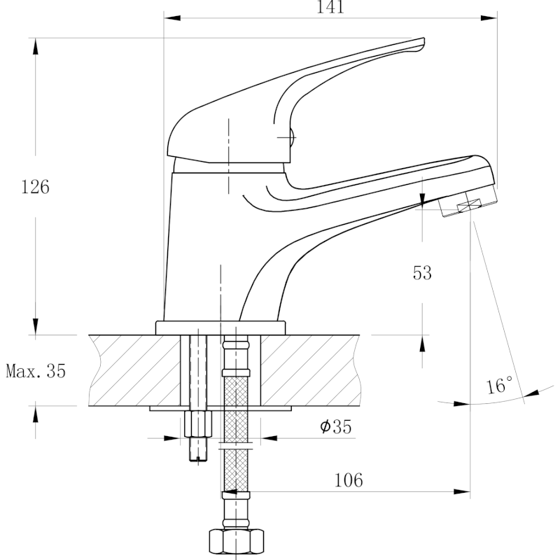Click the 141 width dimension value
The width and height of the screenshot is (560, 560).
point(330,8)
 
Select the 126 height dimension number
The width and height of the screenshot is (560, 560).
point(35,188)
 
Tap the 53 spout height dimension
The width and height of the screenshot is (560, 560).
point(422,272)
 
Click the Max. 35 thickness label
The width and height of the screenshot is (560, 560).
point(36,371)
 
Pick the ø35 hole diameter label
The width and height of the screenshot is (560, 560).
point(335,427)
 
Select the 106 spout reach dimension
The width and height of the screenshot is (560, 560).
point(349,480)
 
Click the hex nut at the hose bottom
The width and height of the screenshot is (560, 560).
point(236,542)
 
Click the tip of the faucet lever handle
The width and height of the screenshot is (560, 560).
point(420,43)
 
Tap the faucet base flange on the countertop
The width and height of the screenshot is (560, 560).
point(221,327)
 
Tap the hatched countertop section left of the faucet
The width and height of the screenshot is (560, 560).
point(133,370)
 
